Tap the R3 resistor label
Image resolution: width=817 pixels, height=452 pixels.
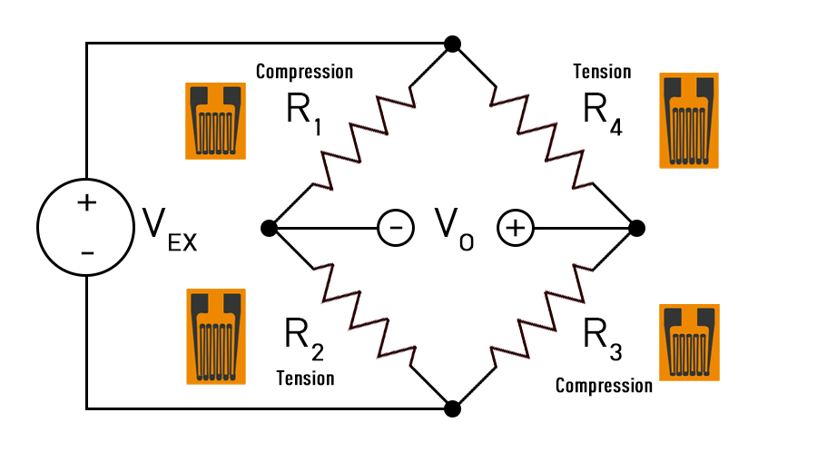[602, 338]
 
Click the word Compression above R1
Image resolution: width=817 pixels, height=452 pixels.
[304, 71]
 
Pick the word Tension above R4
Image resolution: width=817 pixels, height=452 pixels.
[602, 71]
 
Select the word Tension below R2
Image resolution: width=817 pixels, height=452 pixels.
[305, 378]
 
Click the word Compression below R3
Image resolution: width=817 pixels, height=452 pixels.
[603, 386]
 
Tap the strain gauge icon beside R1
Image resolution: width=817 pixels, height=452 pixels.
[216, 121]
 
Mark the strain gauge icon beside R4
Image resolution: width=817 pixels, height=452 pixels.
[688, 120]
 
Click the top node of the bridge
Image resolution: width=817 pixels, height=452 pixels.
[452, 44]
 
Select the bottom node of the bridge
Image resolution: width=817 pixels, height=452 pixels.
[452, 408]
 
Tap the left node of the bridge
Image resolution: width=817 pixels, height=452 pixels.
[268, 227]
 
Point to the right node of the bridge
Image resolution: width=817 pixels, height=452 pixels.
[636, 227]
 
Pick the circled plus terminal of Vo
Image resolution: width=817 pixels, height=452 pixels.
[514, 228]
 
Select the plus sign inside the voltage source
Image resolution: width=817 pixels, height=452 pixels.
[86, 202]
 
